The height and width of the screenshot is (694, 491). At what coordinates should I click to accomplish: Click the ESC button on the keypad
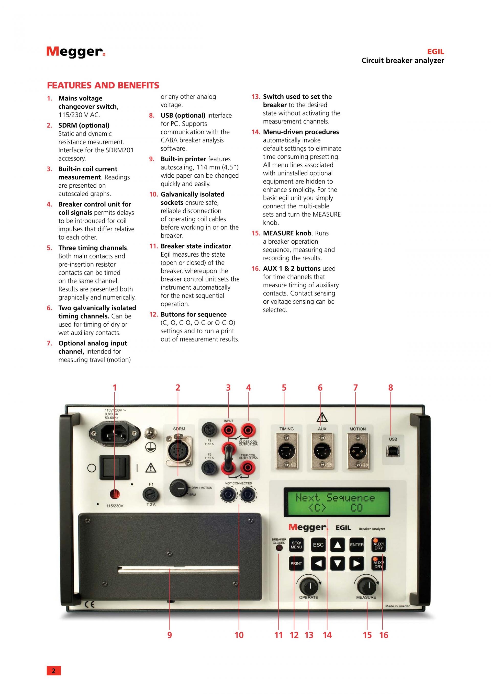[x=318, y=545]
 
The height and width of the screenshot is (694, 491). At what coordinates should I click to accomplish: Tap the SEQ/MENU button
[x=296, y=545]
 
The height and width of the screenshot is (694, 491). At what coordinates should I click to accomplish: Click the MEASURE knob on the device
[x=366, y=586]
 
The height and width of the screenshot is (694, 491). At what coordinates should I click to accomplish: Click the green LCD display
[x=337, y=502]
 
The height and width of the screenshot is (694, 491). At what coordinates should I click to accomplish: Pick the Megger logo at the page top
[x=76, y=52]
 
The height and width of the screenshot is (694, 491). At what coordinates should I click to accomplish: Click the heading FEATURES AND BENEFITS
[x=103, y=86]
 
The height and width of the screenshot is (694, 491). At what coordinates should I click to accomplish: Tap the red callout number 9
[x=170, y=635]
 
